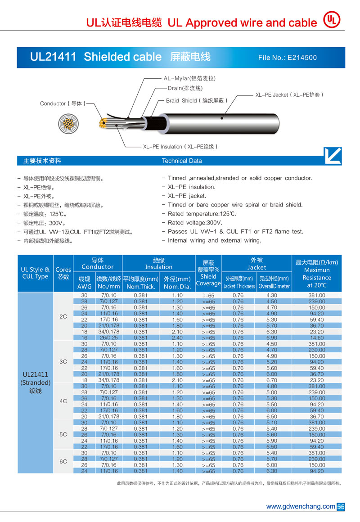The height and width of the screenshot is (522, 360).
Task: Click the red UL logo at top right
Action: click(x=332, y=20)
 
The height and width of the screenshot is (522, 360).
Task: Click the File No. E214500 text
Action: click(x=288, y=58)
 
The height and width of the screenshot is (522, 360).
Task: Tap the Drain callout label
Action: click(x=185, y=88)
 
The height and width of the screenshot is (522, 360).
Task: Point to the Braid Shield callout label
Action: click(x=196, y=101)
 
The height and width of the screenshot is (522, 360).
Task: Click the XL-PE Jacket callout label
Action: click(x=289, y=95)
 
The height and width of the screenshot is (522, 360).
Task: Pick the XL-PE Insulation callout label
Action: click(x=180, y=147)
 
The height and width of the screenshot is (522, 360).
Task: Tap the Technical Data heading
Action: click(x=182, y=161)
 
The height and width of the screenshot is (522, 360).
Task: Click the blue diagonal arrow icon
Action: click(x=333, y=156)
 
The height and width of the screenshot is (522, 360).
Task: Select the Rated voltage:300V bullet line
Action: click(x=195, y=223)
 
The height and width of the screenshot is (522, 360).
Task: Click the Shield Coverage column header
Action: click(x=208, y=273)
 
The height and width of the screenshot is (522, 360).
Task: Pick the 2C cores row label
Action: click(x=63, y=316)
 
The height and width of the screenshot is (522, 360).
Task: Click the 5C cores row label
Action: click(x=63, y=435)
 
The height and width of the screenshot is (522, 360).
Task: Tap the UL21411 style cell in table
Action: click(x=35, y=382)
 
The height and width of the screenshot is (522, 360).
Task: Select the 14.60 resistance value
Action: click(x=317, y=337)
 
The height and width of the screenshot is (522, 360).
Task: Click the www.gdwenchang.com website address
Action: click(x=301, y=507)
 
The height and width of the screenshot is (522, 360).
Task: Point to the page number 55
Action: click(x=341, y=507)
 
